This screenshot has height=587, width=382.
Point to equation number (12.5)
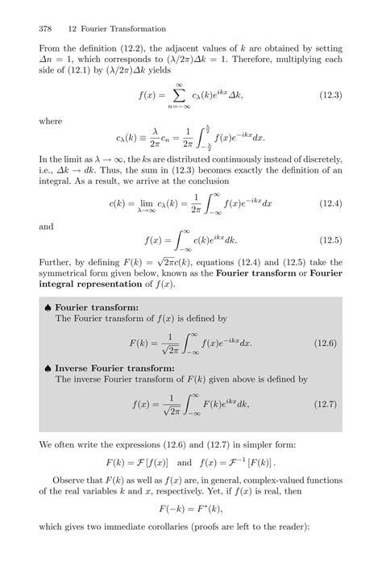point(328,240)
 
